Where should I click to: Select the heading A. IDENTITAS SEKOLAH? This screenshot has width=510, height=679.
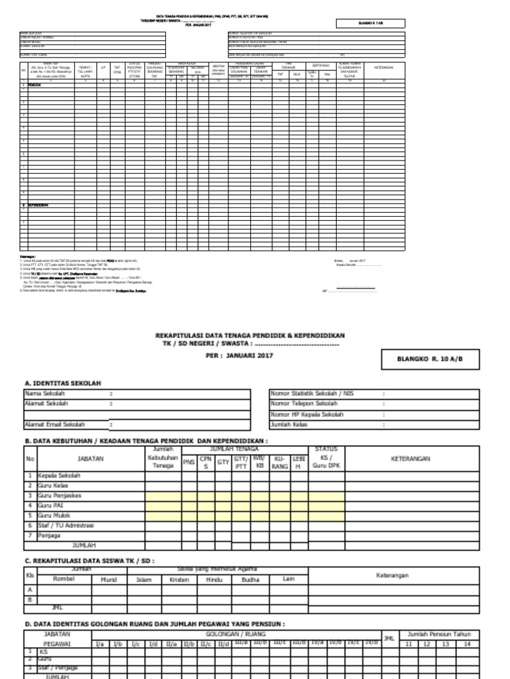click(63, 383)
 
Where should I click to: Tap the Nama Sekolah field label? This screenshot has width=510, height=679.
click(46, 393)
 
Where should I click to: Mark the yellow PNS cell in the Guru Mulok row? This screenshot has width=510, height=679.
click(189, 515)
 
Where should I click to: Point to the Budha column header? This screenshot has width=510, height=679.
click(250, 578)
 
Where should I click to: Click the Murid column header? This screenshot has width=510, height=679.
click(108, 578)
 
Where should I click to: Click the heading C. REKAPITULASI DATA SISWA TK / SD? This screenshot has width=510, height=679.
click(89, 560)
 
